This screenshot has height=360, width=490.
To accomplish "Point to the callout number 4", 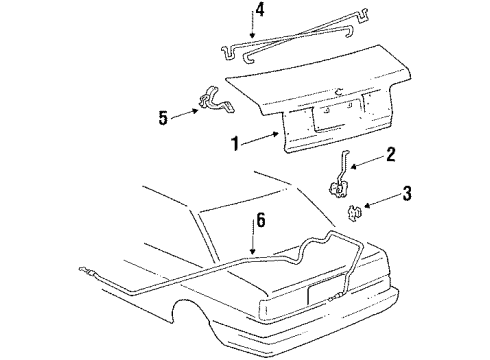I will click(259, 12).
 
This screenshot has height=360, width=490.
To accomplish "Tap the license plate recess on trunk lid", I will click(331, 117).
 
